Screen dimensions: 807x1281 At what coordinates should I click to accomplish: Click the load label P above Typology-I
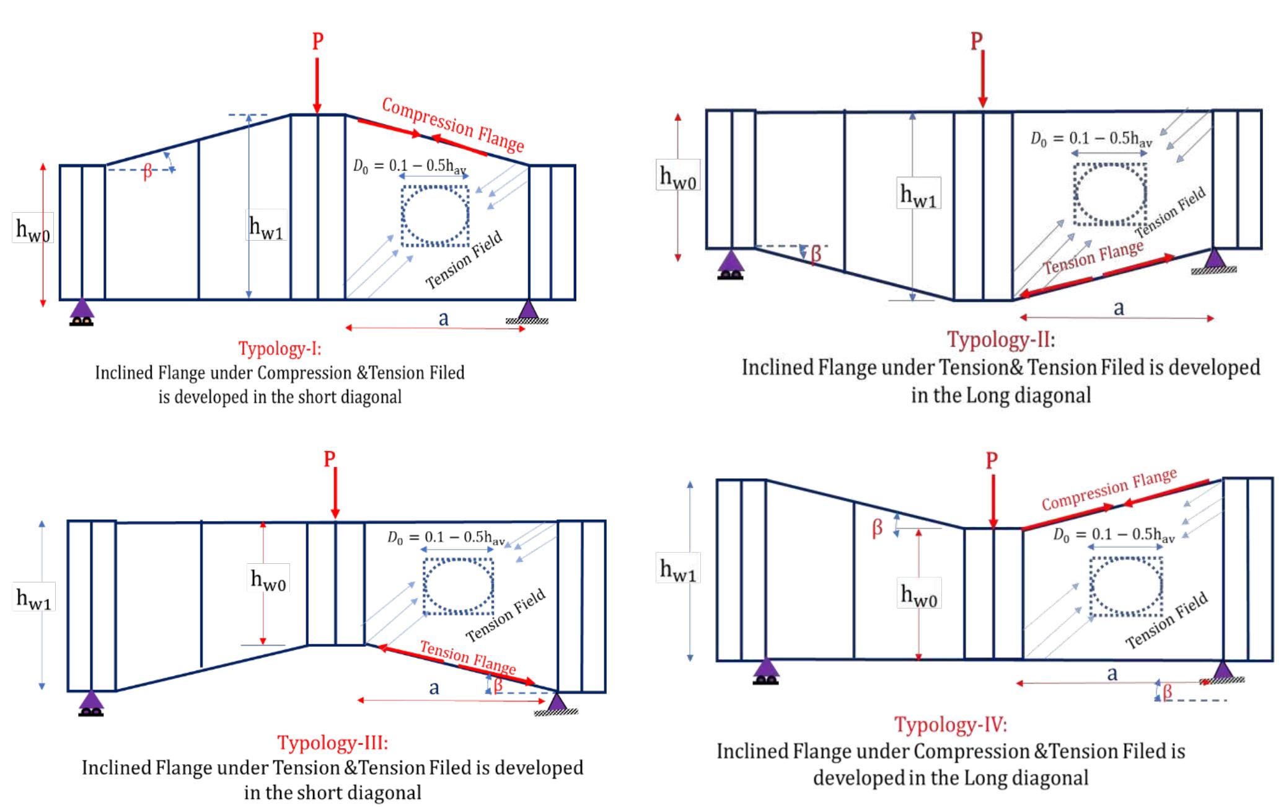pyautogui.click(x=317, y=42)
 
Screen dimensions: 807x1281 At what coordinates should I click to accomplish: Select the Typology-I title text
pyautogui.click(x=280, y=349)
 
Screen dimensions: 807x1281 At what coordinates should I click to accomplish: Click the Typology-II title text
pyautogui.click(x=1001, y=339)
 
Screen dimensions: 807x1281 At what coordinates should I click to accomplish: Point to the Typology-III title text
pyautogui.click(x=333, y=742)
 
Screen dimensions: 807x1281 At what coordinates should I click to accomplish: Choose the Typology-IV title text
pyautogui.click(x=950, y=724)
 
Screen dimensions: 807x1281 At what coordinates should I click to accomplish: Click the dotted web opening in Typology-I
pyautogui.click(x=435, y=216)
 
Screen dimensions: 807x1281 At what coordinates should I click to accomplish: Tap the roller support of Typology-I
pyautogui.click(x=82, y=312)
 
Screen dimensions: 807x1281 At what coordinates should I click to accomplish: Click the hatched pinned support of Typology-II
pyautogui.click(x=1213, y=261)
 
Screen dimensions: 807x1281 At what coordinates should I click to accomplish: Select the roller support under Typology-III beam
pyautogui.click(x=92, y=703)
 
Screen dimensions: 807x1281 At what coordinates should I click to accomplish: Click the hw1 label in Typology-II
pyautogui.click(x=918, y=195)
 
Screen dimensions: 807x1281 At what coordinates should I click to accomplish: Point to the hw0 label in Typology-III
pyautogui.click(x=268, y=579)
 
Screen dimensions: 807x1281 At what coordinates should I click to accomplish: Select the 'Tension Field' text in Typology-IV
pyautogui.click(x=1166, y=620)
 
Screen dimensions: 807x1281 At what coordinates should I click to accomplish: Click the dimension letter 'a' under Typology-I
pyautogui.click(x=443, y=318)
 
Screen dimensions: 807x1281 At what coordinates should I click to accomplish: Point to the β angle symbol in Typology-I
pyautogui.click(x=147, y=172)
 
